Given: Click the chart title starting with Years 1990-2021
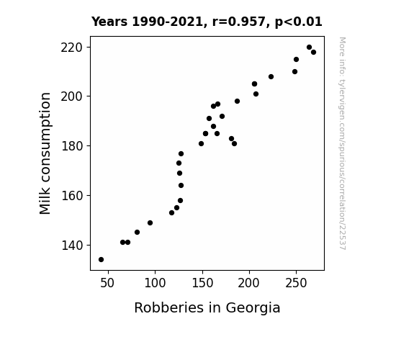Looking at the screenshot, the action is pos(207,22).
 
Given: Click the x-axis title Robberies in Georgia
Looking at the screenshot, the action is pos(207,308).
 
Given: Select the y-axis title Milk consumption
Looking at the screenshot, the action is pos(45,153).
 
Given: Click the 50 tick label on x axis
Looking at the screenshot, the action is pos(107,283).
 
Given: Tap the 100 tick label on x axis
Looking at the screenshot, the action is pos(155,283).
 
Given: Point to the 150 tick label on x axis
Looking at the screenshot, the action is pos(202,283).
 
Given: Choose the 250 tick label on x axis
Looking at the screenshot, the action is pos(296,283).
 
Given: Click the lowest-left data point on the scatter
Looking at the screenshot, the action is pos(101,260).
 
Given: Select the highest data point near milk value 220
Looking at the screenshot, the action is pos(309,48).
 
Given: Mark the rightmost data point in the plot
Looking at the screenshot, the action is pos(313,53).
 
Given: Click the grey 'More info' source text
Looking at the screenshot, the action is pos(342,143).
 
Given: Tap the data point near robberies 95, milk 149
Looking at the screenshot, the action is pos(150,223).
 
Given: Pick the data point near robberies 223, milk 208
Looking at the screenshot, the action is pos(271,77).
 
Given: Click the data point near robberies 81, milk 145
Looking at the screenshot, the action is pos(137,232).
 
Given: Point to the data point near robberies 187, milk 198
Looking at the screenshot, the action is pos(237,101).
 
